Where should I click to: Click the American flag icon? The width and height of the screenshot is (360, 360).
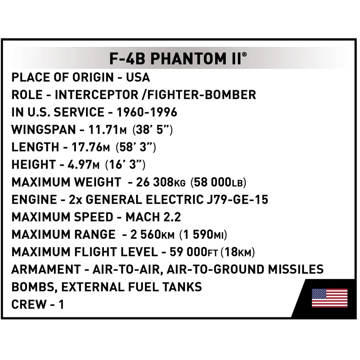pos(329,298)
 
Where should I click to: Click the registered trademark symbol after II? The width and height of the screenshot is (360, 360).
pos(244,54)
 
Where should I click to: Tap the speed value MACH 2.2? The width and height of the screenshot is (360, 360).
pos(153,217)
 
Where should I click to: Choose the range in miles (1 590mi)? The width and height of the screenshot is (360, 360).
pos(203,235)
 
